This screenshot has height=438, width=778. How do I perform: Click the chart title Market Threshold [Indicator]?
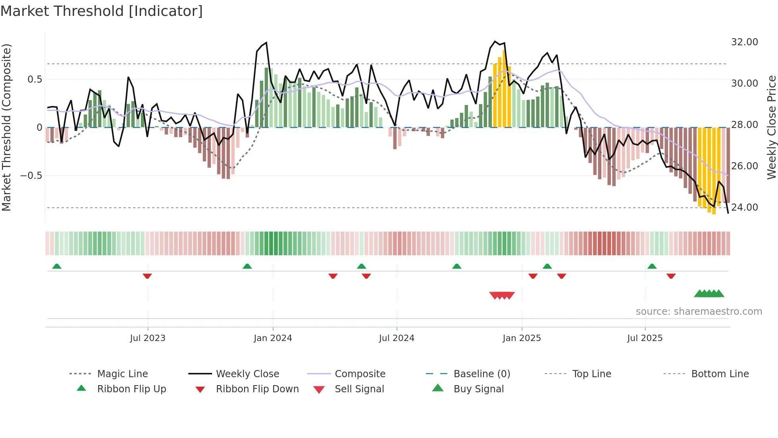102,11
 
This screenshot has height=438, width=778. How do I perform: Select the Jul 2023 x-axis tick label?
148,338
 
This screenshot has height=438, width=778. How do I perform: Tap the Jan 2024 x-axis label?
273,338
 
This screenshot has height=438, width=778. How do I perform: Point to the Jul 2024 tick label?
397,338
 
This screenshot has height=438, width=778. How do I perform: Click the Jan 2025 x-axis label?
522,338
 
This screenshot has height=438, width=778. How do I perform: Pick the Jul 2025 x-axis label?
645,338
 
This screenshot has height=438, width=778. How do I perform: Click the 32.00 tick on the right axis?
744,42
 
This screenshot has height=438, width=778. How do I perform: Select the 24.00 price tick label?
744,207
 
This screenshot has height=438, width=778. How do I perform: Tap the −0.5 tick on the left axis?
31,176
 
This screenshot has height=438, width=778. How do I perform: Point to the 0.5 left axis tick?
35,79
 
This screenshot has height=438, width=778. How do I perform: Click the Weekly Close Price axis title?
771,127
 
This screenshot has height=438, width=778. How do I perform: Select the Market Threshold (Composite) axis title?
6,127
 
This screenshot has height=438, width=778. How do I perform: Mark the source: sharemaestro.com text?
699,312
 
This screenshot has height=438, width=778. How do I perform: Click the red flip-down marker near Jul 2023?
147,276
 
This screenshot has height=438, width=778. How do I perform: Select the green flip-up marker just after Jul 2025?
652,266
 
